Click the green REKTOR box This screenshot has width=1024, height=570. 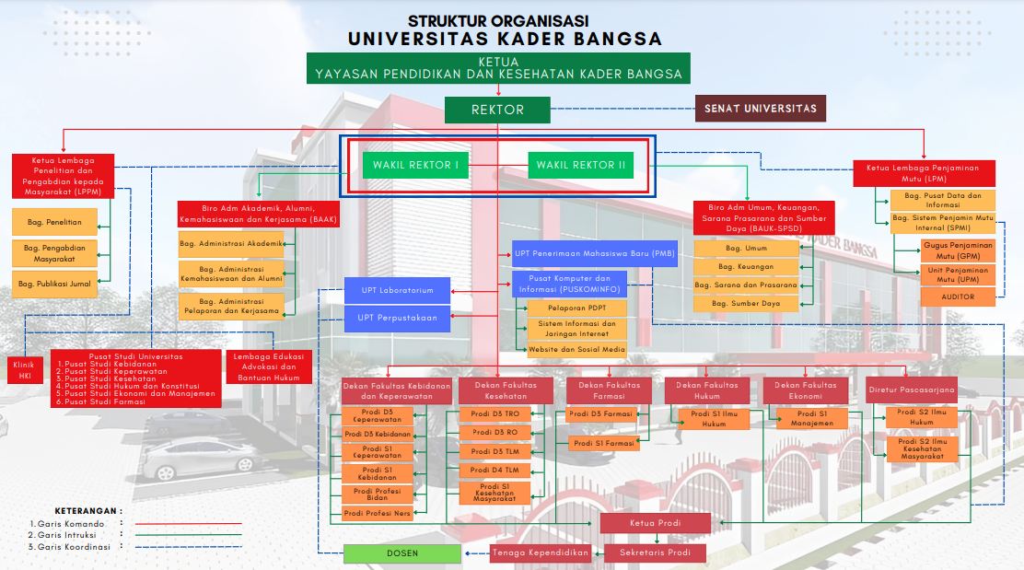[x=497, y=110]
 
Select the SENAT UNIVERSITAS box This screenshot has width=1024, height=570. [x=760, y=109]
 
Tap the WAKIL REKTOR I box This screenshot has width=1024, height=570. [x=414, y=165]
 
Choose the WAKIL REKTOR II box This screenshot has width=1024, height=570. [x=581, y=165]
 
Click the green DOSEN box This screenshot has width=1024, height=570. [x=401, y=553]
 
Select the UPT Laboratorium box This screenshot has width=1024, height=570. [x=397, y=291]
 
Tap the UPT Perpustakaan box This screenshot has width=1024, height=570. [x=397, y=319]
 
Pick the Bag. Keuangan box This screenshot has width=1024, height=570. [x=746, y=266]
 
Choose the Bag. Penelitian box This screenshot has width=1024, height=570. [x=54, y=222]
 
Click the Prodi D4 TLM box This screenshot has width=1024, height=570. [x=495, y=470]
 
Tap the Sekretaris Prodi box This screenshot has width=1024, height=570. [x=655, y=553]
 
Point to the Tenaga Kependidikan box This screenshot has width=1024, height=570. [x=540, y=553]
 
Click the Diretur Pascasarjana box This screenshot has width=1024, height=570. [x=911, y=390]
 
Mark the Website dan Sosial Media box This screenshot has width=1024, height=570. [x=576, y=349]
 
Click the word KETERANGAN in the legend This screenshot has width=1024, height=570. [x=87, y=509]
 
